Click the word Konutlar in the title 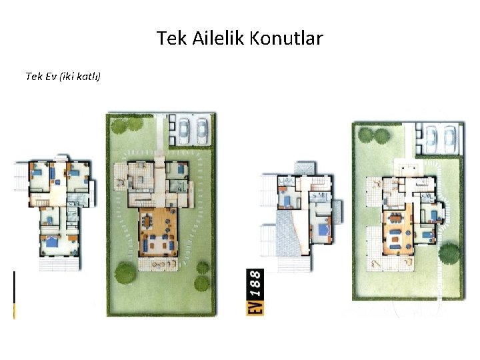click(x=286, y=38)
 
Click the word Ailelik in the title click(x=218, y=38)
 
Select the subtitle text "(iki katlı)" click(x=80, y=76)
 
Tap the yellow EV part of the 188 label click(x=255, y=307)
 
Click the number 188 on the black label click(x=255, y=284)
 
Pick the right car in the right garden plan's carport click(x=450, y=139)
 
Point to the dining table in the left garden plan click(x=148, y=221)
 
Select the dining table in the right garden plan click(x=397, y=218)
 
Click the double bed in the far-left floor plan click(x=52, y=241)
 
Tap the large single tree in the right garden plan click(x=449, y=253)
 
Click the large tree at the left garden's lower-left click(x=125, y=273)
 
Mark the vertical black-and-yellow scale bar click(x=15, y=295)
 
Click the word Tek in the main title click(x=171, y=38)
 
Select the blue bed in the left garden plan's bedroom click(x=183, y=169)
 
